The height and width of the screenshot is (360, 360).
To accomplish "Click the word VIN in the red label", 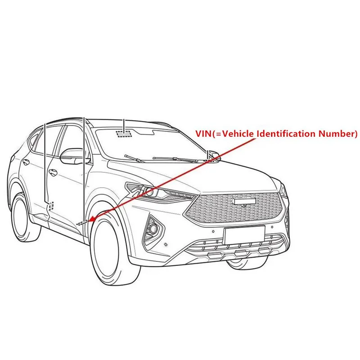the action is click(x=203, y=134).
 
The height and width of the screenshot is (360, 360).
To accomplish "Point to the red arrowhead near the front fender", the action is click(x=92, y=219).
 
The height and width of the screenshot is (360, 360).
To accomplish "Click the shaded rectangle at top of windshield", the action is click(x=124, y=134).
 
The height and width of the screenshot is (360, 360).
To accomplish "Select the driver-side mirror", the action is click(x=72, y=156).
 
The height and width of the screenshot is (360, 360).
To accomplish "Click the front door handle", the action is click(x=53, y=172).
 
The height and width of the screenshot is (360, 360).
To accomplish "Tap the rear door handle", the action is click(x=25, y=162).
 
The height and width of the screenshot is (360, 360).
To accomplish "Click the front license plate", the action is click(x=244, y=234).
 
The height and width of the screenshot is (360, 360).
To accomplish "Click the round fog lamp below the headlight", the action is click(x=153, y=228).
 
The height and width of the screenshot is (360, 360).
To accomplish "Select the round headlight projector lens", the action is click(x=150, y=192).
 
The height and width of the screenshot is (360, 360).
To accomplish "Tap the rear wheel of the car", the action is click(x=23, y=218).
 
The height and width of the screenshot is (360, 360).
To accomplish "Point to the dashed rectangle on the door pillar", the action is click(x=51, y=207).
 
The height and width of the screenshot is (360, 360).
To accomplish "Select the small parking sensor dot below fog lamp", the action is click(x=166, y=245).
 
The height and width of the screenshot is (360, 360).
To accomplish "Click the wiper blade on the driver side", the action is click(x=135, y=158).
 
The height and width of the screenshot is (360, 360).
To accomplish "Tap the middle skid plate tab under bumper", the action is click(x=241, y=253).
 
